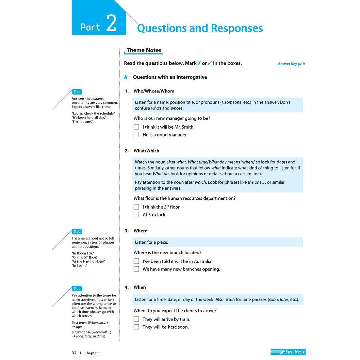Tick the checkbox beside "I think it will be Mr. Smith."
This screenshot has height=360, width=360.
(136, 127)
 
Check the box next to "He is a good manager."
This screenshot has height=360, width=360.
(136, 135)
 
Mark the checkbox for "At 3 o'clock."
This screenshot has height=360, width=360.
(136, 215)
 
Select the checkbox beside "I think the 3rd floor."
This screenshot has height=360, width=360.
(136, 207)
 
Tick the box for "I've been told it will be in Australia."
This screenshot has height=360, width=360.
(136, 261)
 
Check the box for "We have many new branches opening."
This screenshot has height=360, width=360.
(136, 269)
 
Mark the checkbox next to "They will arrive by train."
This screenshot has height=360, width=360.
(136, 319)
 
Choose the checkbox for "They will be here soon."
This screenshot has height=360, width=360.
(136, 327)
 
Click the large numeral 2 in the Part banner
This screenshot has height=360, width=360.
(111, 24)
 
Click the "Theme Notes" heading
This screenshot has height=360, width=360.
(144, 50)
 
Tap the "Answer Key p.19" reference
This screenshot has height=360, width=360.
(291, 64)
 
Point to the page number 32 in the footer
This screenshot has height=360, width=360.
(74, 353)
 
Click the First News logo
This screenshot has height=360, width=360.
(288, 352)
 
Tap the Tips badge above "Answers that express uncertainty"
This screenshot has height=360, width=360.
(77, 92)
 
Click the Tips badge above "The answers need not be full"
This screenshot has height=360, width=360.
(77, 231)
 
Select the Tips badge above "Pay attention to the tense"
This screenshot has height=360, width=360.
(77, 289)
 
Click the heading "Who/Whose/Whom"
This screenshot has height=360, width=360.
(154, 91)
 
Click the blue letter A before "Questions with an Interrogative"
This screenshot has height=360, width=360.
(126, 77)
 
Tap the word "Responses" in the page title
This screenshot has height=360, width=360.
(236, 28)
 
